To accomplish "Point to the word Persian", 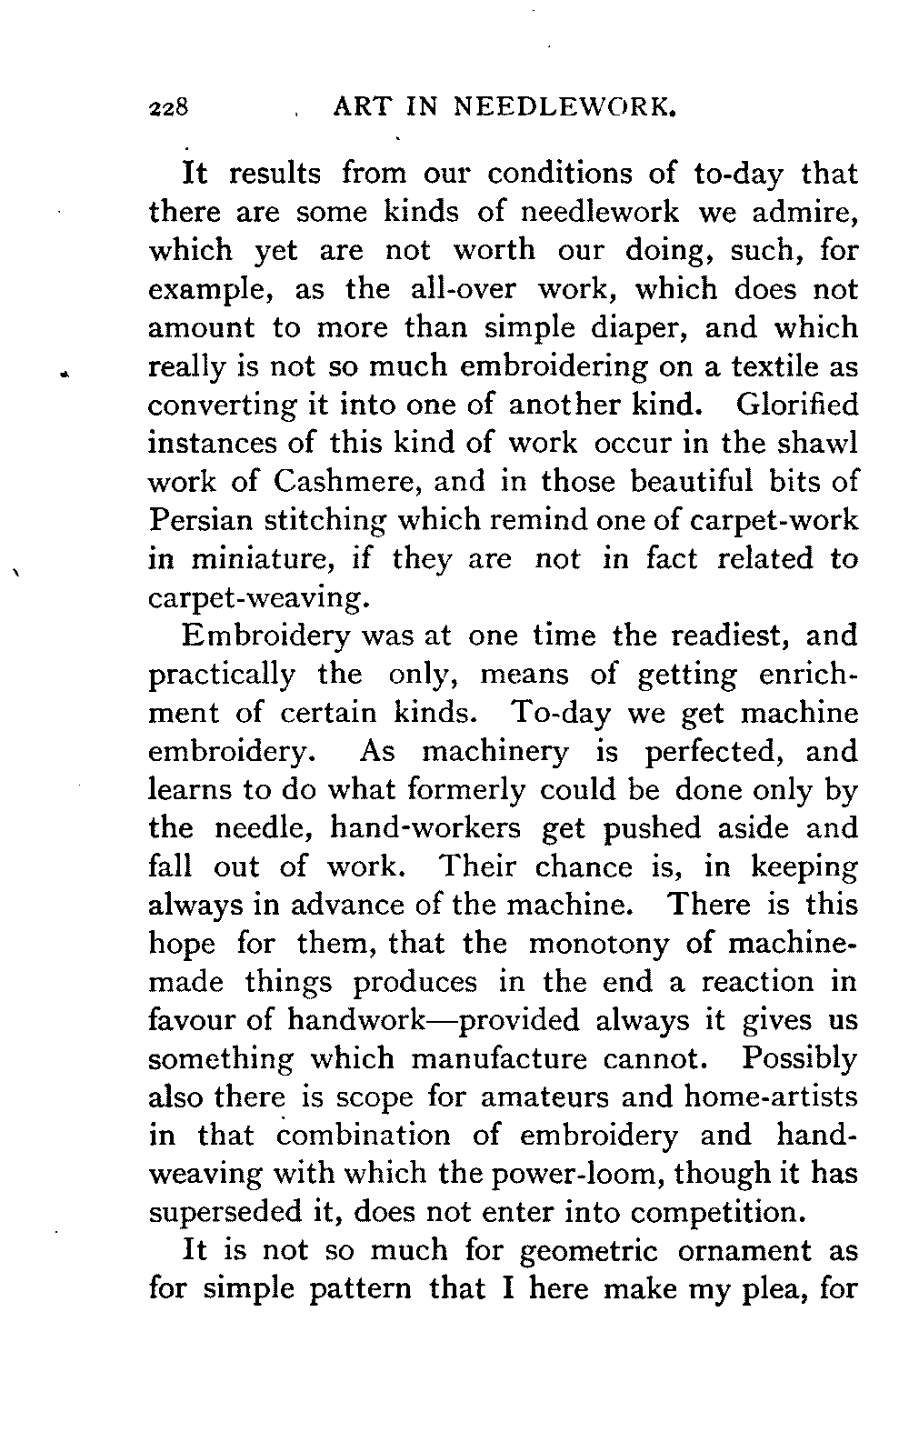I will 203,520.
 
